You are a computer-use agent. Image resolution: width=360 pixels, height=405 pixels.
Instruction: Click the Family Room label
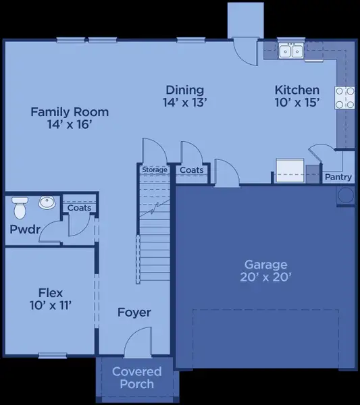pyautogui.click(x=70, y=112)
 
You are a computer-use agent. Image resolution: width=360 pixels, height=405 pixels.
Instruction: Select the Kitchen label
pyautogui.click(x=297, y=90)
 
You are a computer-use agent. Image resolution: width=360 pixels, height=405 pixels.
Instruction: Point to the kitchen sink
pyautogui.click(x=291, y=51)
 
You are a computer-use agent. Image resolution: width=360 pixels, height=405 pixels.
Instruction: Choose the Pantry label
pyautogui.click(x=338, y=177)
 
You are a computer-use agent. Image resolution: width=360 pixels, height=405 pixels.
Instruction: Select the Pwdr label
pyautogui.click(x=24, y=229)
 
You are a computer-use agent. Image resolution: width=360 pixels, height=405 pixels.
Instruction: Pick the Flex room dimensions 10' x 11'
pyautogui.click(x=51, y=305)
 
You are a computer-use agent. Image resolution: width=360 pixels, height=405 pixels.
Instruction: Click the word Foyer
pyautogui.click(x=134, y=313)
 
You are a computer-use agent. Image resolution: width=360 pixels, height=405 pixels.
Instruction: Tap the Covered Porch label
pyautogui.click(x=137, y=378)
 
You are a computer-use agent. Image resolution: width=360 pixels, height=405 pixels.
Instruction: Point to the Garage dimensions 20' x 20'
pyautogui.click(x=266, y=277)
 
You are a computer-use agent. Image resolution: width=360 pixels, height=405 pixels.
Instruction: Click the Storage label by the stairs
pyautogui.click(x=155, y=170)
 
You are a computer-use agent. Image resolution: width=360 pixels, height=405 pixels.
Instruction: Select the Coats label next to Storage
pyautogui.click(x=192, y=171)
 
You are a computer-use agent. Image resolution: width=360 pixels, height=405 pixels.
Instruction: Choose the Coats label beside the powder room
pyautogui.click(x=79, y=208)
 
